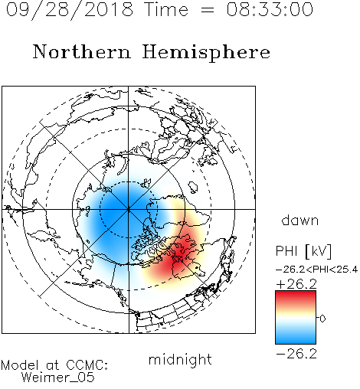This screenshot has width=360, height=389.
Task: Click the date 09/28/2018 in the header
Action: pyautogui.click(x=70, y=10)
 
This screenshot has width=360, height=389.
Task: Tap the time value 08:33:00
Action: pyautogui.click(x=270, y=9)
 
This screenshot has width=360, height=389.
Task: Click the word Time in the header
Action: pyautogui.click(x=166, y=9)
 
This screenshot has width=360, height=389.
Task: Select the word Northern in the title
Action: pyautogui.click(x=82, y=51)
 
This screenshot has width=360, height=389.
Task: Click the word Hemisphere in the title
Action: pyautogui.click(x=206, y=53)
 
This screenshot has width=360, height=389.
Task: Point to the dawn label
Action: pyautogui.click(x=300, y=220)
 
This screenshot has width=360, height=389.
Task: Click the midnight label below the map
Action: pyautogui.click(x=180, y=359)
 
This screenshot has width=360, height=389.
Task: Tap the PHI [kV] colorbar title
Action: pyautogui.click(x=303, y=251)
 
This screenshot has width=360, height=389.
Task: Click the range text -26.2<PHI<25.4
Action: pyautogui.click(x=316, y=270)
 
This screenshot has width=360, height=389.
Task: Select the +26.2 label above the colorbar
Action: pyautogui.click(x=296, y=284)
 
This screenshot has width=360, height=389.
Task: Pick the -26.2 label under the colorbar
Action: pyautogui.click(x=296, y=354)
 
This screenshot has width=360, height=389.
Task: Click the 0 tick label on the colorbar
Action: pyautogui.click(x=322, y=319)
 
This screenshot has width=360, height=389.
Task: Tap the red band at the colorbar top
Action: pyautogui.click(x=296, y=296)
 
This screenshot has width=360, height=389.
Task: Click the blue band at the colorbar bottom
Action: pyautogui.click(x=296, y=338)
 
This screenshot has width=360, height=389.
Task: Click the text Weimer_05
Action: pyautogui.click(x=58, y=378)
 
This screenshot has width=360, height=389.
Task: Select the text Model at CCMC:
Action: pyautogui.click(x=54, y=365)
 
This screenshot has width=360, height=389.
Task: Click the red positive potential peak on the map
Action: pyautogui.click(x=178, y=258)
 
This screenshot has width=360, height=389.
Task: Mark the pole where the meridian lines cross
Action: pyautogui.click(x=129, y=209)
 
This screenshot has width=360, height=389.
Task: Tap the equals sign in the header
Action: pyautogui.click(x=208, y=10)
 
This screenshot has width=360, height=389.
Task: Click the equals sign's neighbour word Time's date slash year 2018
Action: pyautogui.click(x=109, y=9)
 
